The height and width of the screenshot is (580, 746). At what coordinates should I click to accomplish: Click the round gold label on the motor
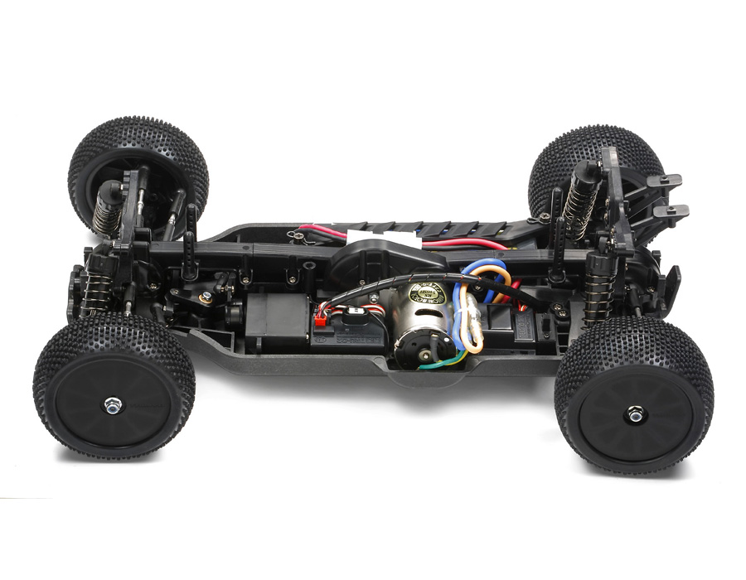[x=435, y=293]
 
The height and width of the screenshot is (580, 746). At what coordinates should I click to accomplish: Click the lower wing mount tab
[x=671, y=211]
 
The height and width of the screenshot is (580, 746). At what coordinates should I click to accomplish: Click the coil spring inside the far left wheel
[x=106, y=211]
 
